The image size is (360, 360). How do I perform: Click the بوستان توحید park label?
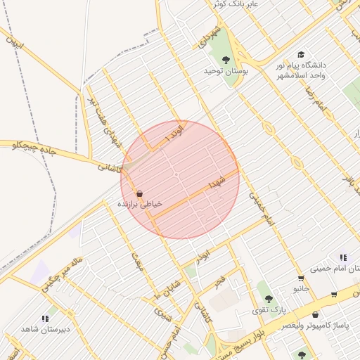[x=223, y=71]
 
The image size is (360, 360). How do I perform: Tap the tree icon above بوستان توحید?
[x=226, y=60]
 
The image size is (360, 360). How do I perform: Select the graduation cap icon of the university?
[x=301, y=54]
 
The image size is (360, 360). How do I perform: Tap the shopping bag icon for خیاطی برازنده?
[x=139, y=193]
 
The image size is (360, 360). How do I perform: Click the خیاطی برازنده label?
[x=139, y=204]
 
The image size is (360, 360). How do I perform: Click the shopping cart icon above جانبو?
[x=301, y=278]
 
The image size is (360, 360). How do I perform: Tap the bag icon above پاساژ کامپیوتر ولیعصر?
[x=315, y=315]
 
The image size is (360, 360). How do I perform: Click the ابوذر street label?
[x=204, y=254]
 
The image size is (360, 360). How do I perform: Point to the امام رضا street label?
[x=314, y=98]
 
